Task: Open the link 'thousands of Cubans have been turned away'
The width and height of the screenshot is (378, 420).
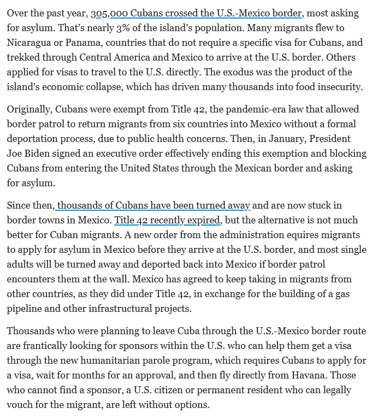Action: [x=153, y=205]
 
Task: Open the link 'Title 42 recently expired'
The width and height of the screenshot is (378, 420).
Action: [x=167, y=220]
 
